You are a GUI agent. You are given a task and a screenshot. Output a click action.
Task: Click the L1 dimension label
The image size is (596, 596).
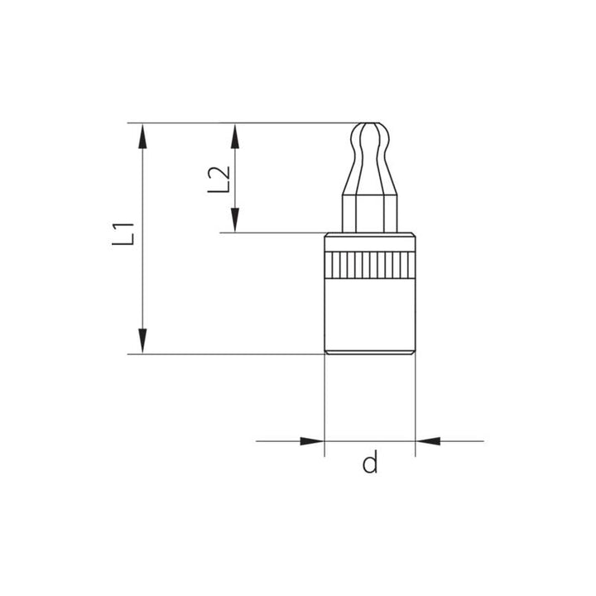[x=124, y=235]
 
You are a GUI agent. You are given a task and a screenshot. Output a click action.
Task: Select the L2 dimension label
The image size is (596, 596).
[x=217, y=179]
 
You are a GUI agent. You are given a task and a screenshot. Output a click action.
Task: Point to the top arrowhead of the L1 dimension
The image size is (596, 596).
[x=143, y=135]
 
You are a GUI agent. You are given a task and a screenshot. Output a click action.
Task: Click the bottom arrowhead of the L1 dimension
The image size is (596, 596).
[x=143, y=342]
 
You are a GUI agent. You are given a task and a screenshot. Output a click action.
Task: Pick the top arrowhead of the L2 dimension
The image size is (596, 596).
[x=236, y=135]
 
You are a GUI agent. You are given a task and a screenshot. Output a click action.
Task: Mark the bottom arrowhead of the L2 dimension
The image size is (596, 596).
[x=236, y=220]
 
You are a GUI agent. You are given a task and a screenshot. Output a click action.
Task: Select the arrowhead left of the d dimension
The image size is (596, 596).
[x=312, y=440]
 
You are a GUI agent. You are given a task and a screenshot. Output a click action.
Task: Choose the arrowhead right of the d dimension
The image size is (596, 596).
[x=426, y=440]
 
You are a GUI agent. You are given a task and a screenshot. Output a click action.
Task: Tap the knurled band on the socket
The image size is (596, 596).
[x=369, y=265]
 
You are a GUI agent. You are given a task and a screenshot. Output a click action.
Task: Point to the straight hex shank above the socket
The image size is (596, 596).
[x=369, y=214]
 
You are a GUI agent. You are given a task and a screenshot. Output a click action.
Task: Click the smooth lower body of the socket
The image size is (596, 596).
[x=369, y=315]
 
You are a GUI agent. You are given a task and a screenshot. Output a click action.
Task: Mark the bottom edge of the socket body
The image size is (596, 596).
[x=369, y=354]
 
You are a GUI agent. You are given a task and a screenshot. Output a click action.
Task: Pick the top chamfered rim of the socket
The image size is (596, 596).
[x=369, y=238]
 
